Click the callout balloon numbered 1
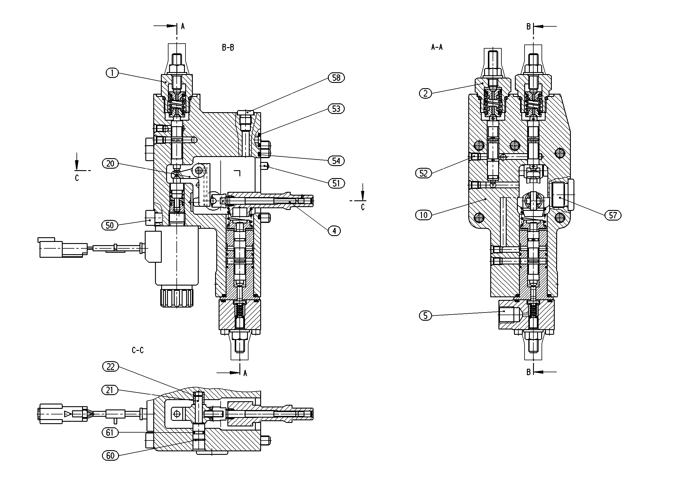[x=112, y=73]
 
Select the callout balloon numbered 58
[x=336, y=78]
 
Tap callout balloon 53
[x=336, y=109]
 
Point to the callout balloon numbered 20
[x=110, y=164]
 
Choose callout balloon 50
[x=110, y=225]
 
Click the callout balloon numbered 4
[x=334, y=231]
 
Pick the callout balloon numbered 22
[x=110, y=367]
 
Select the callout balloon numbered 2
[x=425, y=93]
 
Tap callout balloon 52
[x=424, y=173]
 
